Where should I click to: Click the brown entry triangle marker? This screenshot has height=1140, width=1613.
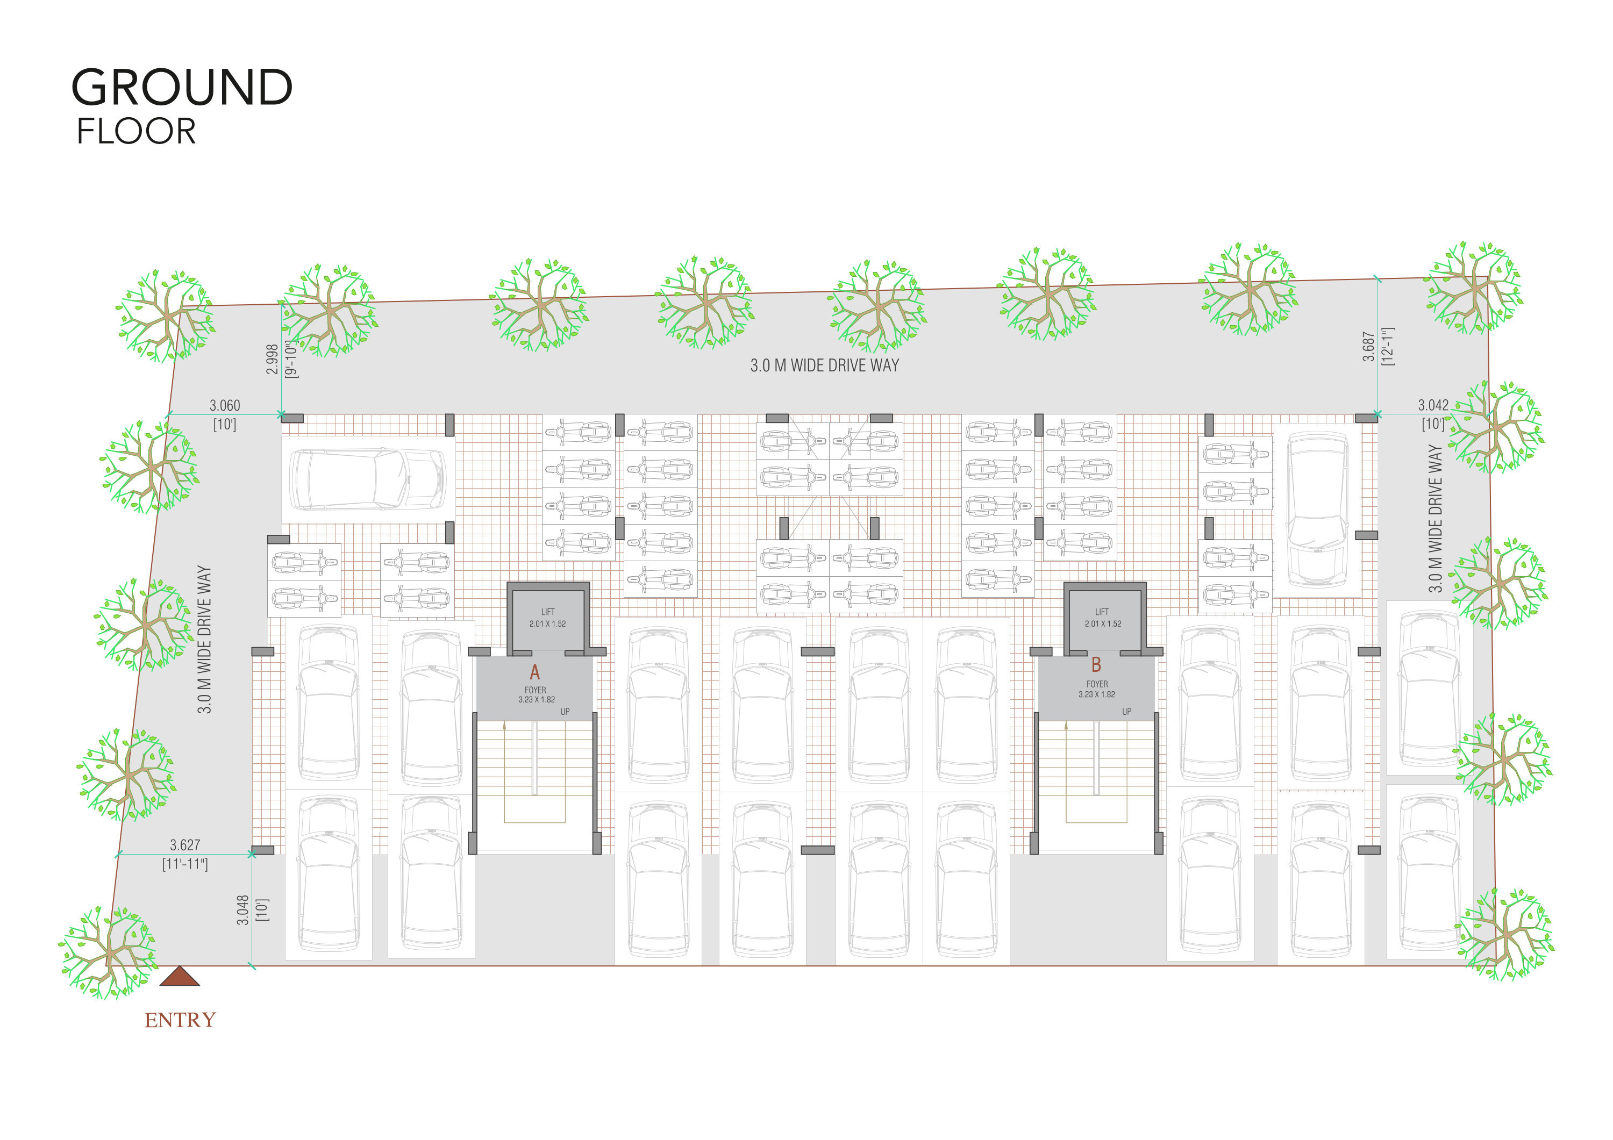(180, 977)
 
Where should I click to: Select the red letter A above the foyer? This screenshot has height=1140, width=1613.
(534, 672)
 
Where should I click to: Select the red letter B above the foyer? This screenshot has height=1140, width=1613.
(1096, 664)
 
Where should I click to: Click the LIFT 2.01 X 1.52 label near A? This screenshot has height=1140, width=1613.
(547, 618)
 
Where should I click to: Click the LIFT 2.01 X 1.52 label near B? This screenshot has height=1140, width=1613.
(1102, 618)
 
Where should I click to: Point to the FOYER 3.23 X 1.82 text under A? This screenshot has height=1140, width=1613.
(536, 694)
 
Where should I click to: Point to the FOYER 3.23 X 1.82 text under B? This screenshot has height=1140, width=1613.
(1097, 689)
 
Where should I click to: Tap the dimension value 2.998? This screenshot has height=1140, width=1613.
(273, 359)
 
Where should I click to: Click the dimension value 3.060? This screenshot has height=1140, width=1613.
(225, 405)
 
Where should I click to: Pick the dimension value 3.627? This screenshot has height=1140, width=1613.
(185, 845)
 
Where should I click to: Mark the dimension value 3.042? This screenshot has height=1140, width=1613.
(1433, 405)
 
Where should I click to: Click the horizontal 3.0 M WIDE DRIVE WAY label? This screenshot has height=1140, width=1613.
(824, 365)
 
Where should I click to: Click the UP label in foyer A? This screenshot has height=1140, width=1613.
(565, 712)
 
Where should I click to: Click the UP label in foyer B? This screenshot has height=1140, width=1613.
(1127, 712)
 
